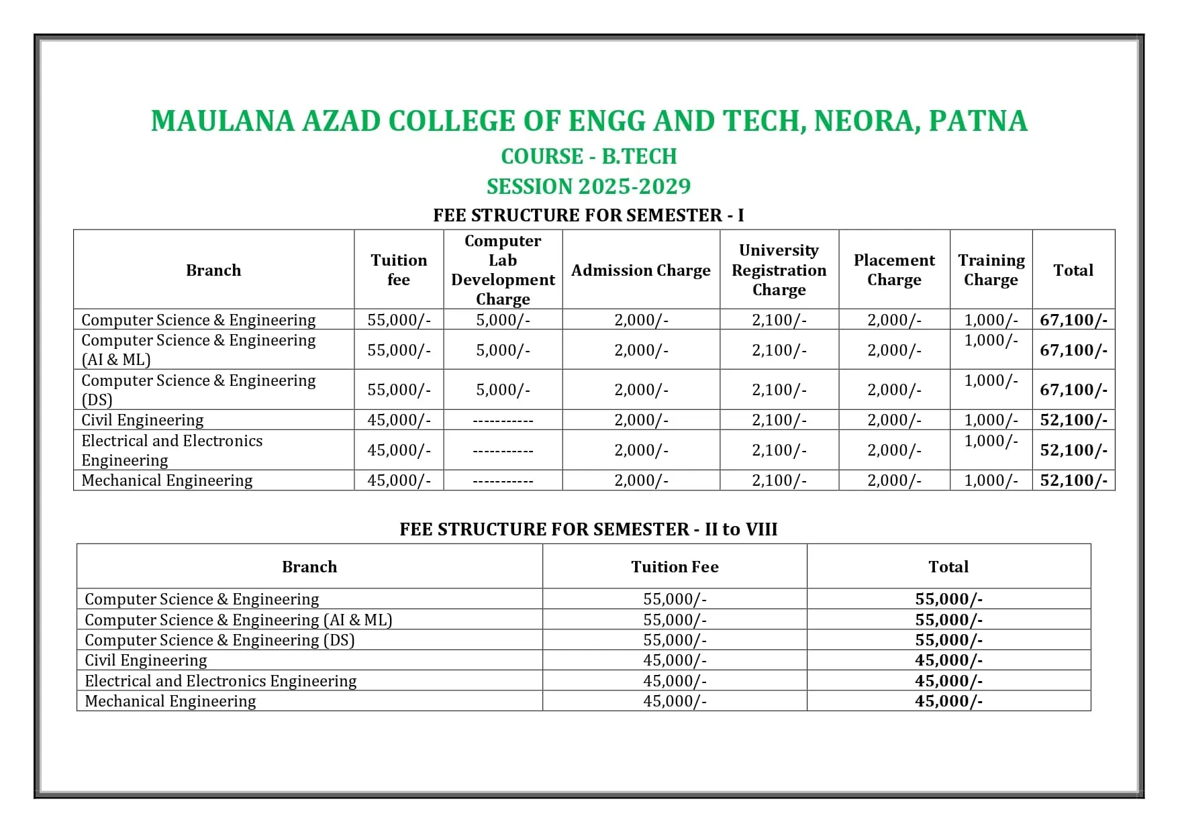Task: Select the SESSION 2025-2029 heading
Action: [589, 187]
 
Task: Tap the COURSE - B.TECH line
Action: [589, 156]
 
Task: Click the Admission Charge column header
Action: [640, 270]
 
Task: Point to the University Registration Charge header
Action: [779, 270]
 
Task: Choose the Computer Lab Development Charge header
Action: [503, 270]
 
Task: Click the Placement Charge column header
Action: [894, 270]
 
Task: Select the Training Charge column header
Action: [991, 270]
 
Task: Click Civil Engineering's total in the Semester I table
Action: [1073, 420]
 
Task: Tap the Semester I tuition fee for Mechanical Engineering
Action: [399, 480]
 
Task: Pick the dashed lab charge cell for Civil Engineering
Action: [503, 421]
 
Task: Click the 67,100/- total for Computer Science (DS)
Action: [1073, 390]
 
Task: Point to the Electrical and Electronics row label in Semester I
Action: [172, 450]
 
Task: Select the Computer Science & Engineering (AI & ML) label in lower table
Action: [238, 620]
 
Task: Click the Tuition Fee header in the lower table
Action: [675, 567]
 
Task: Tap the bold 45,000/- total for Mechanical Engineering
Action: [948, 701]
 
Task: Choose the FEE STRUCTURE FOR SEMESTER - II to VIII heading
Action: [588, 529]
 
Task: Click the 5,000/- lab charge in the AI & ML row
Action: [503, 350]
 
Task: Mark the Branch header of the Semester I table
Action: [213, 270]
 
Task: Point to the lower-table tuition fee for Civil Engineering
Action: [675, 660]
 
